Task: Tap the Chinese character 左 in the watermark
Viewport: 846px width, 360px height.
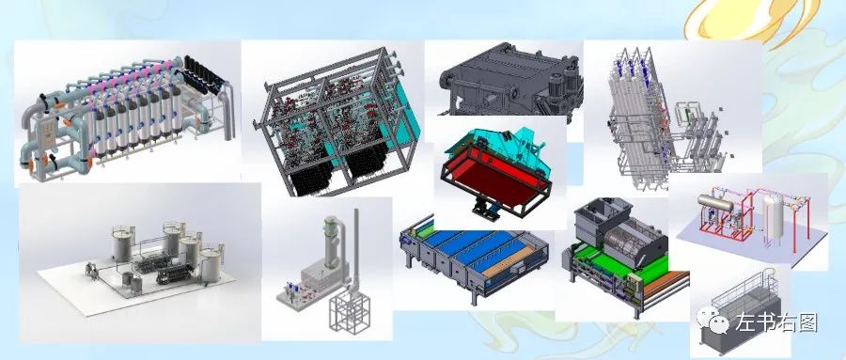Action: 745,322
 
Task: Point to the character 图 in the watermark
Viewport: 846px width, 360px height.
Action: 807,322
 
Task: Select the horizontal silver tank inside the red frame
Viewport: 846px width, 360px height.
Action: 715,202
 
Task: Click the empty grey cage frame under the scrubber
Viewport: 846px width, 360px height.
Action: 351,309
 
